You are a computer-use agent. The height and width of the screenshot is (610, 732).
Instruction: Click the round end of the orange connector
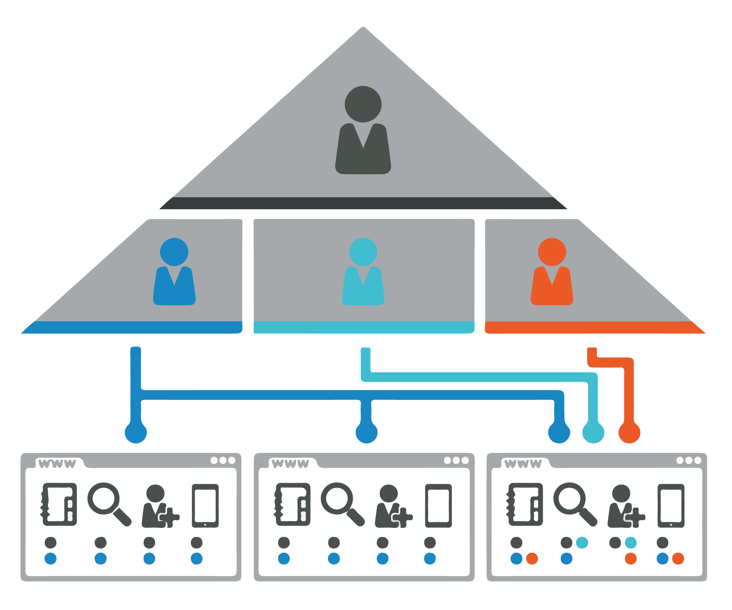630,433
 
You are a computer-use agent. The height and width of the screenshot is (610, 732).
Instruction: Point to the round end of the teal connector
593,433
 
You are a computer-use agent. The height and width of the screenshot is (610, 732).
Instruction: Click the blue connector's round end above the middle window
366,433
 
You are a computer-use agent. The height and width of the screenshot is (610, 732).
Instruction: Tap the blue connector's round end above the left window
136,433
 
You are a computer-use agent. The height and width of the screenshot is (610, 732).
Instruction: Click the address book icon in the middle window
292,504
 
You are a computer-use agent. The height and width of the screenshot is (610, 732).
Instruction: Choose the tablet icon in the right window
671,506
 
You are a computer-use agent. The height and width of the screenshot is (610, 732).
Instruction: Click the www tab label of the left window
57,464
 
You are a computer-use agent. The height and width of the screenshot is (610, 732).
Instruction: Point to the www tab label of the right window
523,464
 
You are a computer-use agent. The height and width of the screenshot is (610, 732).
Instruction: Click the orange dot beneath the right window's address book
532,558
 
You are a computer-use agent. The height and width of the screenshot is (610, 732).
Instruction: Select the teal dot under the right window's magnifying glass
582,543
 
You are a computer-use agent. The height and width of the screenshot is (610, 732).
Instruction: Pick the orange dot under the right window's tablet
678,558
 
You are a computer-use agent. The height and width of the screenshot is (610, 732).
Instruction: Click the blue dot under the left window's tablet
197,558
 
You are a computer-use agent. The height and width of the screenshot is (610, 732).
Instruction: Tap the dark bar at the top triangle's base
363,203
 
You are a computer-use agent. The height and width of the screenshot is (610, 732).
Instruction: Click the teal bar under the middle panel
364,327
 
